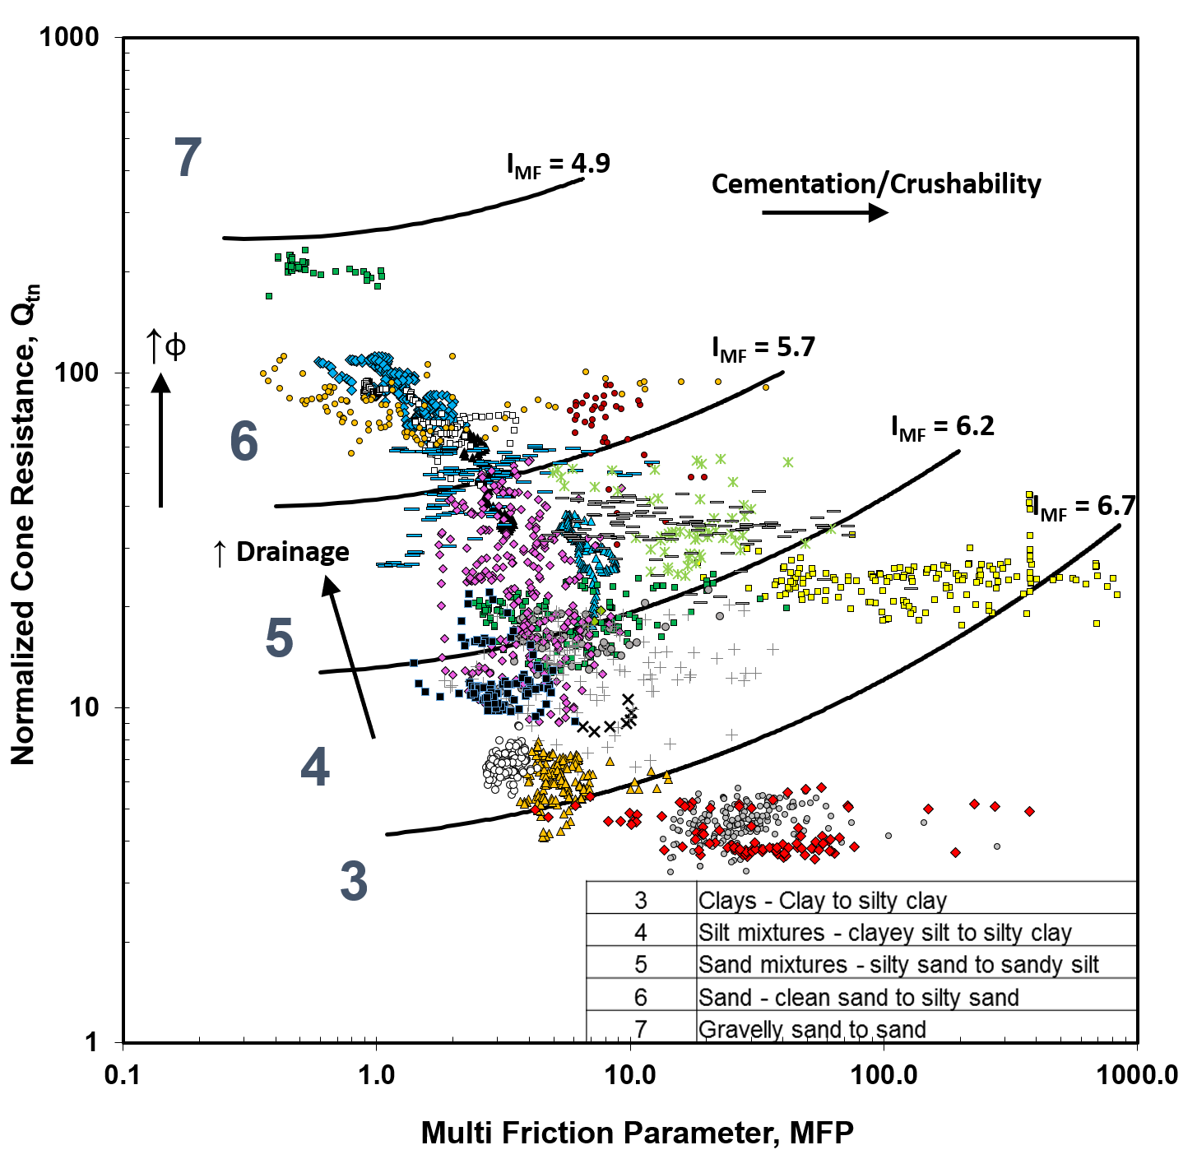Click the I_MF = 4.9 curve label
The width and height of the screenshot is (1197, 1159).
(559, 165)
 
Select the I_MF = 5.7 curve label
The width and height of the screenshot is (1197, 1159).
(763, 349)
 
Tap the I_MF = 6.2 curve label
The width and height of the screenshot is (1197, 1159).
(943, 427)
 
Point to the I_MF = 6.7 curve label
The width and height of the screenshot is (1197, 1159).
(1084, 507)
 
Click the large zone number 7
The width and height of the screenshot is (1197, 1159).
(188, 158)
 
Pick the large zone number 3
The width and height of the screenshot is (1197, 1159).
(354, 881)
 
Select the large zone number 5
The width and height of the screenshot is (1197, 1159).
(280, 638)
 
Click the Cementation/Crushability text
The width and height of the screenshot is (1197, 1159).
(876, 184)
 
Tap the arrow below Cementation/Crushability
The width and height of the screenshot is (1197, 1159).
(824, 212)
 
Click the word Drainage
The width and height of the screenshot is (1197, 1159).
(292, 552)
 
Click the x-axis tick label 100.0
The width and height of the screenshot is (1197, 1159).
(884, 1075)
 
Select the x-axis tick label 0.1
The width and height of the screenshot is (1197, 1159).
(123, 1075)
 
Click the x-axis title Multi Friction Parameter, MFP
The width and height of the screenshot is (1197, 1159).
(637, 1133)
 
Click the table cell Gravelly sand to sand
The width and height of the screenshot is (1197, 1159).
(812, 1029)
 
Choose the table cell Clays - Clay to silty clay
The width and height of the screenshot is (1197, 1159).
(823, 901)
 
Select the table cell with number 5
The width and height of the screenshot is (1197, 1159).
(641, 965)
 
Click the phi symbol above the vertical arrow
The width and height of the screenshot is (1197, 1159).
(175, 345)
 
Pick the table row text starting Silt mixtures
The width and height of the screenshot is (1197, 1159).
(884, 933)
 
